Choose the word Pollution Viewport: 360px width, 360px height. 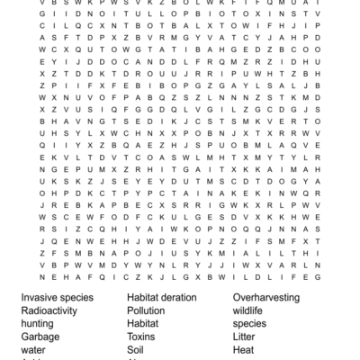[x=146, y=310]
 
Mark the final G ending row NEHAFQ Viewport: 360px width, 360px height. [x=317, y=278]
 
